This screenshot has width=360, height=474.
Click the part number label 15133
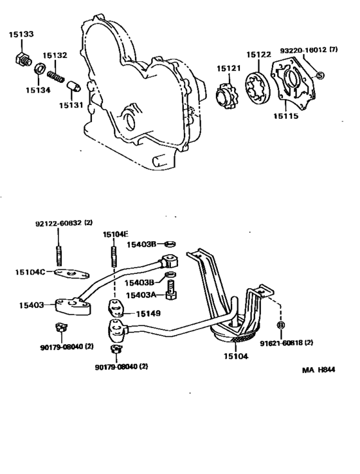click(x=21, y=33)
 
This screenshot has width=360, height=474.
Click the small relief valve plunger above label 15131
click(x=73, y=86)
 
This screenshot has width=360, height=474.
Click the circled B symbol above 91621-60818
click(x=280, y=325)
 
